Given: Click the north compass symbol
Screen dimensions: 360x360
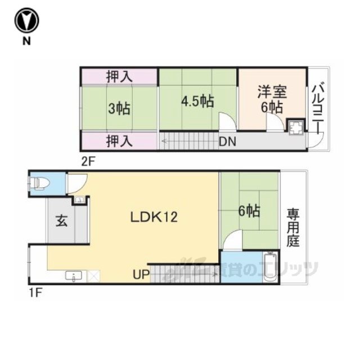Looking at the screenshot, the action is (26, 20).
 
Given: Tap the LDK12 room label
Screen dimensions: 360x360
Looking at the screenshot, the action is (154, 217).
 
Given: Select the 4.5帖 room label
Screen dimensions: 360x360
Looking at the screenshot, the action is (197, 101).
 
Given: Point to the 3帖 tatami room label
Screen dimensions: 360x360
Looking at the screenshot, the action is (119, 109).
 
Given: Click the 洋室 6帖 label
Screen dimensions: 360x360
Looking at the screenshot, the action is (272, 99).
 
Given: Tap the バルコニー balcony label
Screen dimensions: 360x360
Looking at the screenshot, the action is (318, 109).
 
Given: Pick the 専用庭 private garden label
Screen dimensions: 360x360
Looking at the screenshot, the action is (293, 227).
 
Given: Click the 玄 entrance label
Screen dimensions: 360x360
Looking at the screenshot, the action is (61, 222).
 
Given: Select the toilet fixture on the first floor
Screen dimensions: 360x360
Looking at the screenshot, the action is (39, 183).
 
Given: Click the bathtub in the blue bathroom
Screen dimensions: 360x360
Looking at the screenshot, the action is (271, 267).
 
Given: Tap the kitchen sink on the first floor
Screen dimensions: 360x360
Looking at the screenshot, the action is (74, 276).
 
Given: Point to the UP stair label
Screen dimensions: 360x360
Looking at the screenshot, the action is (141, 274).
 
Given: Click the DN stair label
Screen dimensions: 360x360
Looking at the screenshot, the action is (227, 142).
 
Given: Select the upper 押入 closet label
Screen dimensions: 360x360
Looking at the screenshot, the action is (119, 76).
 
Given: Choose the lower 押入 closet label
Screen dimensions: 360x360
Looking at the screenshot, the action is (119, 141).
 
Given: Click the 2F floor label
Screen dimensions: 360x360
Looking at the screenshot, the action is (88, 162).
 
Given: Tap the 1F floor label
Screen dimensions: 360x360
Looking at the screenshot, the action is (35, 293).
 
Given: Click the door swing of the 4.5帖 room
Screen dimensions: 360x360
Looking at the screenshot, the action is (227, 121).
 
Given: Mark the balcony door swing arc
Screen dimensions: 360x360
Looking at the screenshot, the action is (316, 140).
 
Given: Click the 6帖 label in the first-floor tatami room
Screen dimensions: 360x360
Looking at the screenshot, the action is (249, 211).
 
